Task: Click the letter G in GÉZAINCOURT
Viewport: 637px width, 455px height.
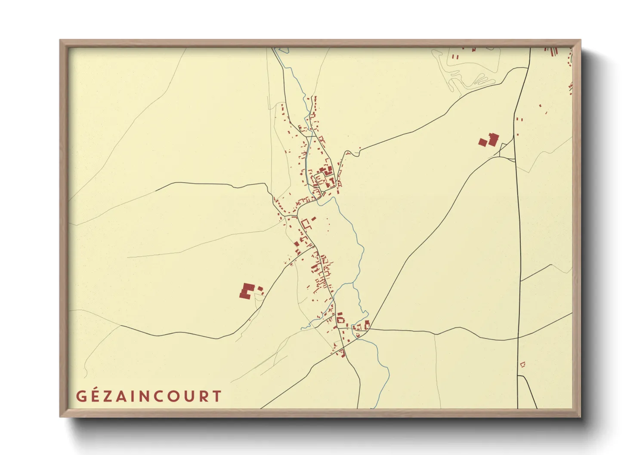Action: point(81,396)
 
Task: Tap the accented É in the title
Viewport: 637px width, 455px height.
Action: point(96,396)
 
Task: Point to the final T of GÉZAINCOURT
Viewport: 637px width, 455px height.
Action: point(216,396)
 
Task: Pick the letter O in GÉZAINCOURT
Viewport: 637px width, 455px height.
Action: point(174,396)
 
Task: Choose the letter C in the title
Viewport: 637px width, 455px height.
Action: point(159,396)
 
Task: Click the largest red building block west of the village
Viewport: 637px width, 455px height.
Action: point(246,291)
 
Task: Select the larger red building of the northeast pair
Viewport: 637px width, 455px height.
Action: point(493,139)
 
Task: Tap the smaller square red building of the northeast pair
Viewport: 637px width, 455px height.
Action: point(483,142)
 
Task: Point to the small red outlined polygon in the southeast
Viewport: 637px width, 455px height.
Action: point(523,365)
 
